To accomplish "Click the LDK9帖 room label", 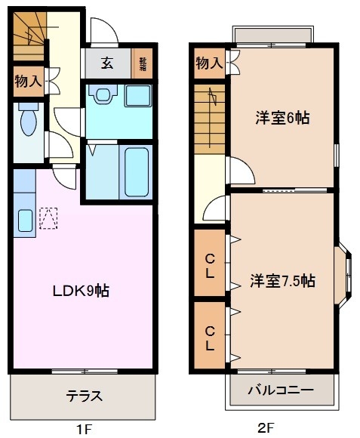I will click(82, 289).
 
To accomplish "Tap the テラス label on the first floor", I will click(83, 396).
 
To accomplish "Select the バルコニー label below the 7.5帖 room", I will click(281, 390).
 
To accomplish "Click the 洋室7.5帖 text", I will click(282, 281).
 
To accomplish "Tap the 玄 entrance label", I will click(108, 63).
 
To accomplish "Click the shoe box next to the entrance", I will click(141, 63).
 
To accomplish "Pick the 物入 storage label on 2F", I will click(209, 63).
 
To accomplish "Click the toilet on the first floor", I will click(28, 120).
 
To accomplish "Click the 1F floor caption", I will click(83, 428).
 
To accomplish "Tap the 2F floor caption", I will click(265, 427).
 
